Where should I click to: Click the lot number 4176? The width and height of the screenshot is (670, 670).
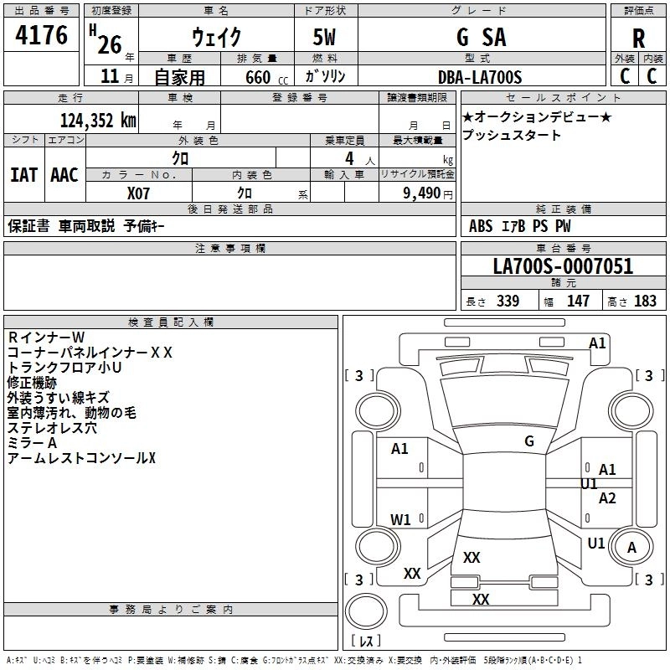coord(41,35)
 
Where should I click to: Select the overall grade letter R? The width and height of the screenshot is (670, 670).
coord(638,39)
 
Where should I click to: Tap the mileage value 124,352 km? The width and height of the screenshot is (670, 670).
coord(98,121)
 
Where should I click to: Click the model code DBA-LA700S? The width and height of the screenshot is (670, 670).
coord(480,77)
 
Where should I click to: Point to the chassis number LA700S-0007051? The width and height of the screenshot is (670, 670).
coord(563,266)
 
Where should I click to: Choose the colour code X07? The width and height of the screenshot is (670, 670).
coord(138,193)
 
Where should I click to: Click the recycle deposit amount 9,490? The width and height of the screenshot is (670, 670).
coord(421,193)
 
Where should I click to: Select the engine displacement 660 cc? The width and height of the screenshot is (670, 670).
coord(266,78)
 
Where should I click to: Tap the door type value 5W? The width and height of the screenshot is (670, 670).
coord(324,37)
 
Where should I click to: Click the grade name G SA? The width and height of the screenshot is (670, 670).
coord(481,37)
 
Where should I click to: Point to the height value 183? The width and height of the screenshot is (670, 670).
coord(645,301)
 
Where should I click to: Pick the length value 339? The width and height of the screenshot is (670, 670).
coord(508,301)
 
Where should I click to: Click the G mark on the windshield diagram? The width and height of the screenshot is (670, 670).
coord(529,441)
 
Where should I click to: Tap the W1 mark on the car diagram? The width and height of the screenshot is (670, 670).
coord(400,519)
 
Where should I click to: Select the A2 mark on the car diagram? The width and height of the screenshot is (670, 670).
coord(606,498)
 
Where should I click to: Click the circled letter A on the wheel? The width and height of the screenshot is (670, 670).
coord(631,548)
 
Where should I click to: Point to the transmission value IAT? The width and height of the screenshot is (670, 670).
coord(24,175)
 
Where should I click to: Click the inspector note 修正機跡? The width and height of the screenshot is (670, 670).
coord(32,383)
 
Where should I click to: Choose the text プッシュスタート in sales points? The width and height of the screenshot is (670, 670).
coord(511,135)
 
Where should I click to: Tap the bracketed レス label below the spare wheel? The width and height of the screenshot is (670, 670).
coord(366,641)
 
